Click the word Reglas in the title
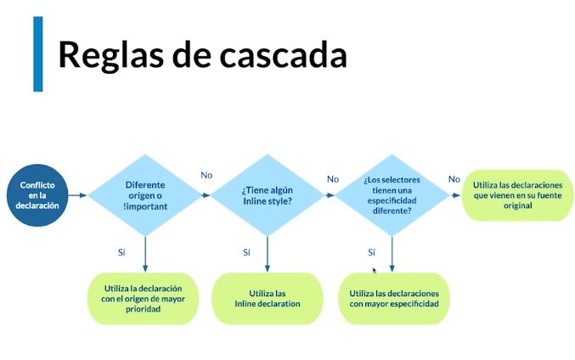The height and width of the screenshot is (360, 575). tap(110, 56)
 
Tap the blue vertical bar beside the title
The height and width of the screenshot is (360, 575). tap(38, 53)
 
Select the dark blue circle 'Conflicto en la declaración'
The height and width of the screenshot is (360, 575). tap(37, 195)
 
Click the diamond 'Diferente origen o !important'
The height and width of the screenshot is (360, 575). tap(145, 195)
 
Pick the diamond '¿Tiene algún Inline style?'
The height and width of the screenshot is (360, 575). tap(268, 195)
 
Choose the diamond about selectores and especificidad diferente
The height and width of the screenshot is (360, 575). tap(392, 195)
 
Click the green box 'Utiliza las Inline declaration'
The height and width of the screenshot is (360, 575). tap(268, 298)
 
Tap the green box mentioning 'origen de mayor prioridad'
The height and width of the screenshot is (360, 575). tap(143, 298)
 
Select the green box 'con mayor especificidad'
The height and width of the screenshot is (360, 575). tap(394, 298)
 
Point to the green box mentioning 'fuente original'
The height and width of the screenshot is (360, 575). tap(517, 195)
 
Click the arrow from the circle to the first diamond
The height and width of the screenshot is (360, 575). tap(78, 195)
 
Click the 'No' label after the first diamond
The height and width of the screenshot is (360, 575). tap(206, 176)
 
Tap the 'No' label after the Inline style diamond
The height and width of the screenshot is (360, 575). tap(333, 179)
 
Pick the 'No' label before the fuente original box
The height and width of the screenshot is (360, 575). tap(454, 179)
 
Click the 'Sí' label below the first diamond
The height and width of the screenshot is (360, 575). tap(121, 252)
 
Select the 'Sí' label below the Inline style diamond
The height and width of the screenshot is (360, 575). tap(246, 252)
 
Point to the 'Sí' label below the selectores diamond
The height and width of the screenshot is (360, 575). tap(371, 252)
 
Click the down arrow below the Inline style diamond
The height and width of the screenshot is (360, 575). tap(268, 254)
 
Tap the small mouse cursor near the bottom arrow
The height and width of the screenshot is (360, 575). tap(375, 271)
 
